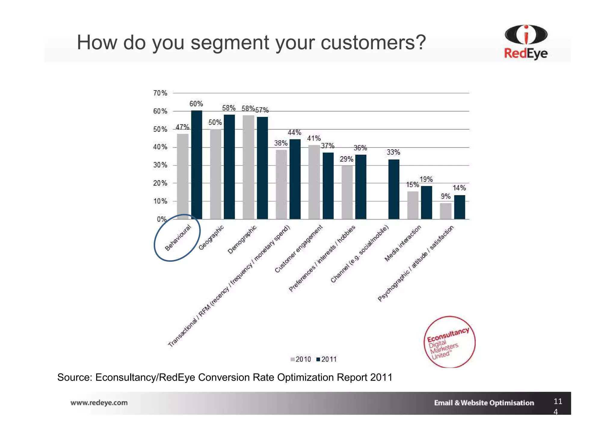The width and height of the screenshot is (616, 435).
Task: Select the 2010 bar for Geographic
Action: click(215, 174)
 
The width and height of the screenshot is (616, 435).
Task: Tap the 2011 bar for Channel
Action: click(394, 189)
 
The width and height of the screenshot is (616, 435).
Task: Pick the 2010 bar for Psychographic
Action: click(445, 211)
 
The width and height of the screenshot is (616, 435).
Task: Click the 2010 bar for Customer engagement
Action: click(314, 182)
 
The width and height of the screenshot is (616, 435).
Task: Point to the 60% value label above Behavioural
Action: click(196, 104)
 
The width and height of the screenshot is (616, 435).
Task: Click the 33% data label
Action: click(393, 152)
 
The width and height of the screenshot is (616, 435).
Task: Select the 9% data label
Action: click(445, 196)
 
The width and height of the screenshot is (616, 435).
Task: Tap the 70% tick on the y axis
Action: click(160, 93)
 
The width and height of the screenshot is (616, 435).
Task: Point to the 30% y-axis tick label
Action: click(160, 165)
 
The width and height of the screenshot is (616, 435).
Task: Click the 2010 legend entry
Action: click(300, 359)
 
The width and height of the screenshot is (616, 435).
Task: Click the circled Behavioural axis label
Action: click(178, 238)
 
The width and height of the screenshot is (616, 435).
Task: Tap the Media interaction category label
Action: click(403, 243)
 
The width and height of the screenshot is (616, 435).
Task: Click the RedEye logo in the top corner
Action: click(526, 42)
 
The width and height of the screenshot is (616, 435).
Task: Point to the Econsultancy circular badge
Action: click(450, 342)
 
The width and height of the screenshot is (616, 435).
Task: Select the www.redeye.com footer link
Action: click(99, 403)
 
